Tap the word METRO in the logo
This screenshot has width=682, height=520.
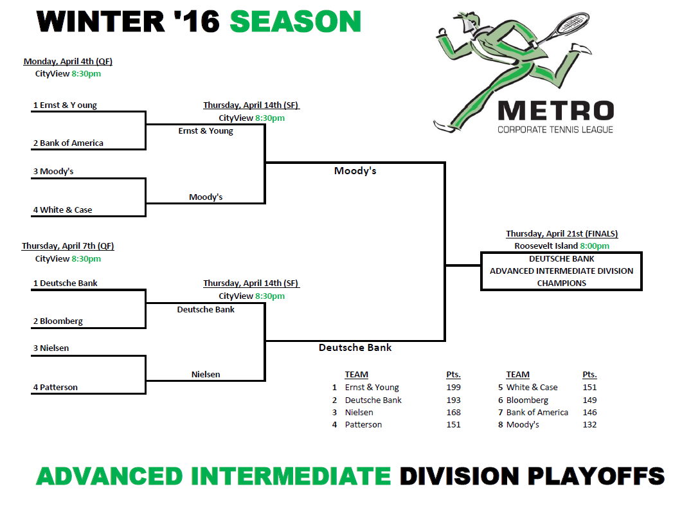[x=555, y=111]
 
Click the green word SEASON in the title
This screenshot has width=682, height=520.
[x=295, y=21]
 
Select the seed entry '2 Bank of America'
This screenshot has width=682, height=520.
[x=68, y=143]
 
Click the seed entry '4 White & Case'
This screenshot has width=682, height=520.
[x=62, y=210]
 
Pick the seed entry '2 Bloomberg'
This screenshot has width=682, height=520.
[x=58, y=321]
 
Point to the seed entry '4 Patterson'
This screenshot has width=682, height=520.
[x=55, y=388]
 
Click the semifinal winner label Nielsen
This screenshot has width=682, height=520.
[x=206, y=374]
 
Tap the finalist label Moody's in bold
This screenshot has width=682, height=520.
[x=355, y=171]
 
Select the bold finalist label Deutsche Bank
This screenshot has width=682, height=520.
[x=355, y=347]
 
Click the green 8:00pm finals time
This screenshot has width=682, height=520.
[x=595, y=246]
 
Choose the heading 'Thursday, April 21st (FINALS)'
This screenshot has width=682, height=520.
[x=562, y=233]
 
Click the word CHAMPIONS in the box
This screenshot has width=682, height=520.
[x=562, y=283]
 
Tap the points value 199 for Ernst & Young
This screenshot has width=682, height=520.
[x=453, y=388]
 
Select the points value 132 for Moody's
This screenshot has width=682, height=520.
[x=590, y=425]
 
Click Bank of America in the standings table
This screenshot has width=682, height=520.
[x=537, y=412]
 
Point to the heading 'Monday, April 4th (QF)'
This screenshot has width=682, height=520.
[x=68, y=61]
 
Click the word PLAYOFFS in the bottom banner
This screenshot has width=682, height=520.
[x=597, y=476]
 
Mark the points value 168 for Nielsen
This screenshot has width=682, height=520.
[x=453, y=412]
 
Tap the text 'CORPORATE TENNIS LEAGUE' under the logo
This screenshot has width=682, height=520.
[x=555, y=130]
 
